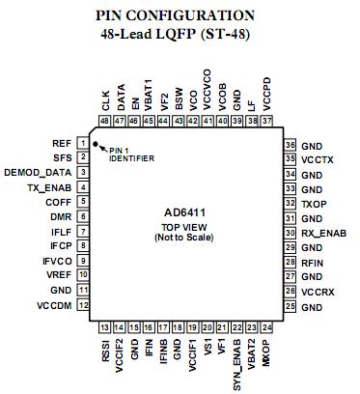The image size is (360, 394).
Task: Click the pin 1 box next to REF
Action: click(84, 144)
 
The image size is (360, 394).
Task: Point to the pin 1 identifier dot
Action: click(97, 143)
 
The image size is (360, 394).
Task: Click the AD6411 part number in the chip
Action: click(184, 211)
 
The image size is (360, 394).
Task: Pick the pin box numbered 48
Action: click(105, 121)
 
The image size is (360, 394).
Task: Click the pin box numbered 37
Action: click(265, 121)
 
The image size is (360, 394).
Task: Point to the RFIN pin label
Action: click(314, 262)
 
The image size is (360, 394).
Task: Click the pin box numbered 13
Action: click(105, 326)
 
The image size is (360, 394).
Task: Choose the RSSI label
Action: click(105, 348)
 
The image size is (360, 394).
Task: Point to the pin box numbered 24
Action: click(265, 326)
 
